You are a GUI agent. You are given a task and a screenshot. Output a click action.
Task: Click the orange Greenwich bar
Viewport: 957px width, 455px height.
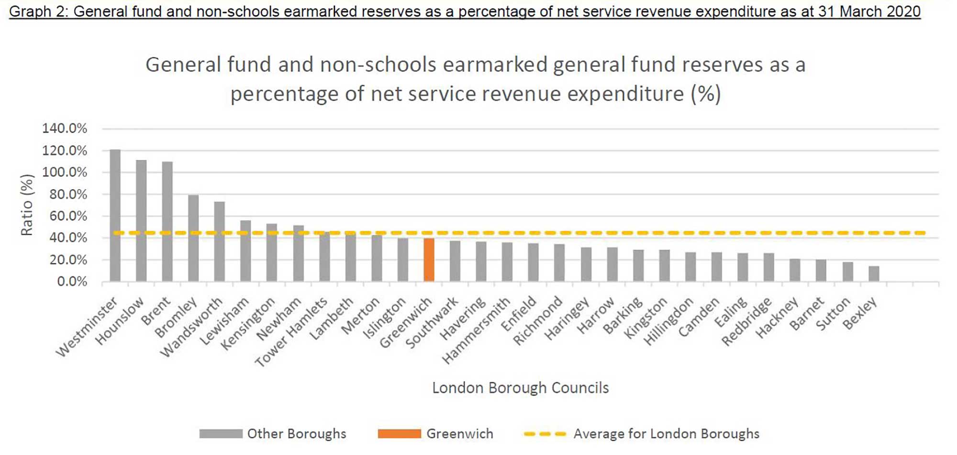429,260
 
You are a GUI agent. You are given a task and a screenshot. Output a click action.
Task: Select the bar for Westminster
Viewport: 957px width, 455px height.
115,216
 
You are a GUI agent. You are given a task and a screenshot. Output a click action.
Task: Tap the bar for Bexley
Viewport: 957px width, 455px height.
874,274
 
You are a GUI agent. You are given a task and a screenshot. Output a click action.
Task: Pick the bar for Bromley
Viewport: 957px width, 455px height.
193,238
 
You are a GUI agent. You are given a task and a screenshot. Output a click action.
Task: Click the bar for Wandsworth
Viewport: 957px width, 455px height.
220,241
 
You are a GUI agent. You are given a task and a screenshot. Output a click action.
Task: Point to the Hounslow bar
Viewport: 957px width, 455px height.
141,220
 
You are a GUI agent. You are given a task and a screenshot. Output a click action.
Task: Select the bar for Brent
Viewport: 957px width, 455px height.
167,221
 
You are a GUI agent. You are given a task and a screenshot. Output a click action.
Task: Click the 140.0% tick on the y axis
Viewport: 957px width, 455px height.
65,128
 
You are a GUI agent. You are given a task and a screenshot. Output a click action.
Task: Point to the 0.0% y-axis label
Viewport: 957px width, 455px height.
72,282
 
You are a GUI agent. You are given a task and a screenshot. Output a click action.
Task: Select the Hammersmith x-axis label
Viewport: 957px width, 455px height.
477,331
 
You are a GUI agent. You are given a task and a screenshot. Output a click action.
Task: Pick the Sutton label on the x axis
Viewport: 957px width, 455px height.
833,314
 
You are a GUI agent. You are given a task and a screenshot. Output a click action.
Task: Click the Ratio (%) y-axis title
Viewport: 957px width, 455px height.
27,205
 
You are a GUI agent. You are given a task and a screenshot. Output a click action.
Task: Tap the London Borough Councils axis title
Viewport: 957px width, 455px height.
520,387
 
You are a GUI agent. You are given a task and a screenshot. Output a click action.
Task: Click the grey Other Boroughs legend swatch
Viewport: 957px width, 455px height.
221,434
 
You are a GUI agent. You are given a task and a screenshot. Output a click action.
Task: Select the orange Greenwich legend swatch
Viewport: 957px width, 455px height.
399,434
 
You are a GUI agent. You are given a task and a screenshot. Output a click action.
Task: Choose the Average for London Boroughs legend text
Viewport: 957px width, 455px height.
666,434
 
